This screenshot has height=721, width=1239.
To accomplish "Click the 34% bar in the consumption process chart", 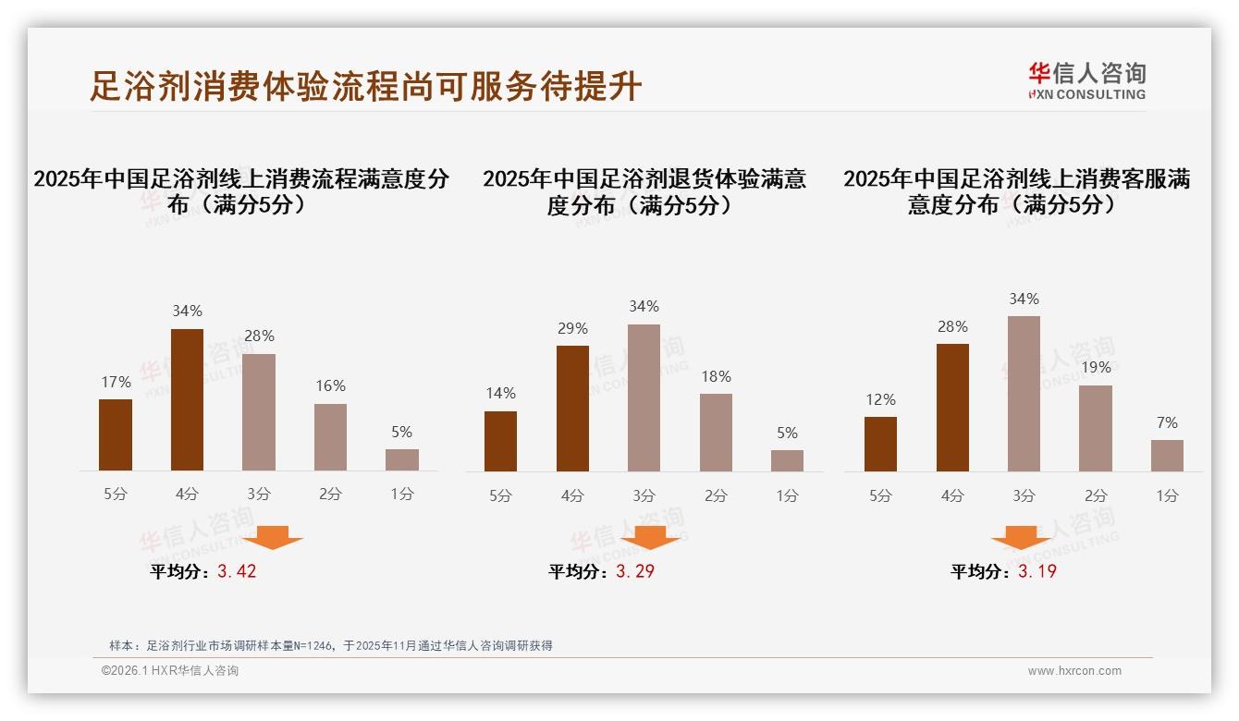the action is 188,399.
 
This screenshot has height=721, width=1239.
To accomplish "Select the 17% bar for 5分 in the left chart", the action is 116,434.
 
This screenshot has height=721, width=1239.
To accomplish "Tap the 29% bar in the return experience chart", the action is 572,408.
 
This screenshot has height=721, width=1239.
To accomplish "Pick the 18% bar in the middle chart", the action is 716,432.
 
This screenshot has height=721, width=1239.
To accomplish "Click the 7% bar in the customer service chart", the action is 1167,455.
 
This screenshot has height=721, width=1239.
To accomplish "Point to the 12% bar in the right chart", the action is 880,444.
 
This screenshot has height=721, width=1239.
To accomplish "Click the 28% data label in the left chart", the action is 259,336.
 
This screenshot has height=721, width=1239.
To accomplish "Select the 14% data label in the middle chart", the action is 500,394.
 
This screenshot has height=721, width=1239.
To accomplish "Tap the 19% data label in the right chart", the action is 1096,367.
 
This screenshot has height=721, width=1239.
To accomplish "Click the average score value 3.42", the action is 237,571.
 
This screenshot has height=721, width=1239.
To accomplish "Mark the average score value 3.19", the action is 1037,571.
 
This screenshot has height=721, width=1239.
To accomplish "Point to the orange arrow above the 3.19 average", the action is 1022,537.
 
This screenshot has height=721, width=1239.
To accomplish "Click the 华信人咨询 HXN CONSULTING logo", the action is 1086,80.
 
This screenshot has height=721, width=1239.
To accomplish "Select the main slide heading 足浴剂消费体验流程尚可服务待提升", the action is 366,86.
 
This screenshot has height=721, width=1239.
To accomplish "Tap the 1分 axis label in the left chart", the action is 402,495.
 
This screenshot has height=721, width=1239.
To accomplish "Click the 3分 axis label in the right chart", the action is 1024,495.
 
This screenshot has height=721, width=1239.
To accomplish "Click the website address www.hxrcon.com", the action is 1074,671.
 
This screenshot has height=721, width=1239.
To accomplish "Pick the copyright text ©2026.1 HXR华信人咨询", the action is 170,671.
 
